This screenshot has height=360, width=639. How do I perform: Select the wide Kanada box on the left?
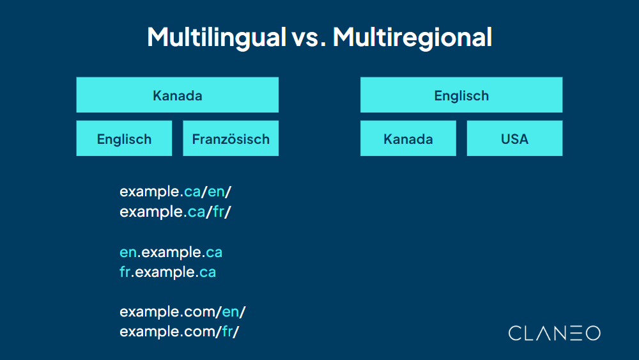[x=177, y=95]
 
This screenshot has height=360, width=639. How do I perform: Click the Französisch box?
[x=231, y=138]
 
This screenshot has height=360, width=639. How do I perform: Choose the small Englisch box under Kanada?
[x=124, y=138]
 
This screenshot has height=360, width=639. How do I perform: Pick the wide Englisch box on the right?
[x=461, y=95]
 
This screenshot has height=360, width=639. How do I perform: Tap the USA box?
[x=514, y=138]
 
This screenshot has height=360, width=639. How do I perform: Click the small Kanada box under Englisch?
[x=408, y=138]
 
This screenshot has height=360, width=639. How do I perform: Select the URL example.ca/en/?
[x=175, y=191]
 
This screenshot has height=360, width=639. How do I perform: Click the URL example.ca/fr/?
[x=175, y=212]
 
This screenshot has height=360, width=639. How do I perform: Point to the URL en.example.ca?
[x=171, y=252]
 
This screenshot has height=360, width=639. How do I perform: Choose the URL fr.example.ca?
[x=167, y=272]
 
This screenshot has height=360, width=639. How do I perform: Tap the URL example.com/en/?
[x=183, y=312]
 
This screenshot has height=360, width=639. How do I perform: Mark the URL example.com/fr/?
[x=180, y=332]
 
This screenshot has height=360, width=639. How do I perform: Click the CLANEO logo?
[x=554, y=333]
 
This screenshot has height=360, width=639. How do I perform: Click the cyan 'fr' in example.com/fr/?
[x=227, y=332]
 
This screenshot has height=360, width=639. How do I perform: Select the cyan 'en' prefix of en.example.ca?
[x=128, y=253]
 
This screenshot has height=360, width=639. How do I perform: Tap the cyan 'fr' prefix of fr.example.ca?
[x=125, y=272]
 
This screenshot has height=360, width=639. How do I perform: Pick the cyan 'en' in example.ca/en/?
[x=216, y=192]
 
